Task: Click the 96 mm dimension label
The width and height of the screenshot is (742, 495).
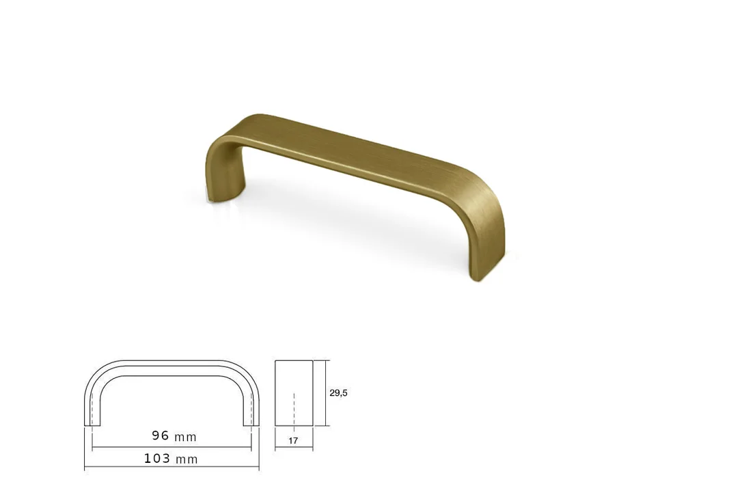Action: [x=174, y=436]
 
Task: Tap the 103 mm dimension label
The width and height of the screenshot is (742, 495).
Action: [x=171, y=459]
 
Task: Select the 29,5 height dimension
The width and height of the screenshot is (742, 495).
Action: [x=338, y=392]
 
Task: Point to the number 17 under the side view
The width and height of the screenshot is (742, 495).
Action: [x=293, y=440]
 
